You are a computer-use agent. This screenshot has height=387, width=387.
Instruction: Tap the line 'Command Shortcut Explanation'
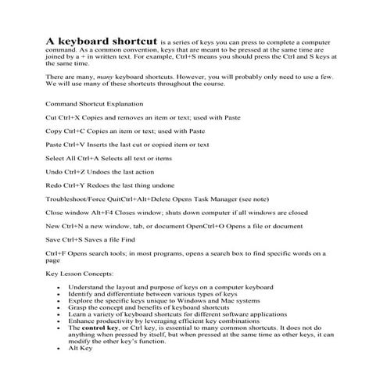point(96,103)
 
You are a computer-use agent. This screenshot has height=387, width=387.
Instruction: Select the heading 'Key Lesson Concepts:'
point(80,274)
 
